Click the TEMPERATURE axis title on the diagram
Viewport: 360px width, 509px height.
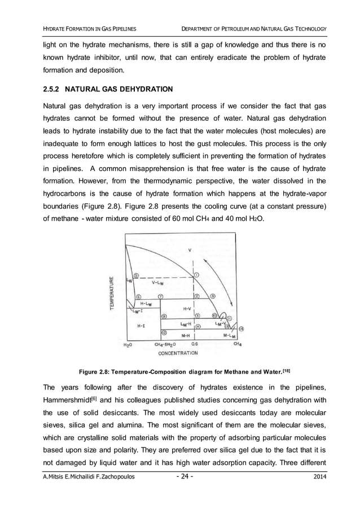112,291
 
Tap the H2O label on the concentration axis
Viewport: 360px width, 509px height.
128,344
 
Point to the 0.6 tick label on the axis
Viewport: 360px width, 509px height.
194,344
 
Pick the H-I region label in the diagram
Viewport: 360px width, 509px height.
141,326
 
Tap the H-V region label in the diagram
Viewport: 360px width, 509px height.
188,309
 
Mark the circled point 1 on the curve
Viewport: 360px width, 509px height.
196,275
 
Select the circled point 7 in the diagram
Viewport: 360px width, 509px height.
160,296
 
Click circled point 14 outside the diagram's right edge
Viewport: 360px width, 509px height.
241,328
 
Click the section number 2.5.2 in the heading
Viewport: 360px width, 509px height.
54,89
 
